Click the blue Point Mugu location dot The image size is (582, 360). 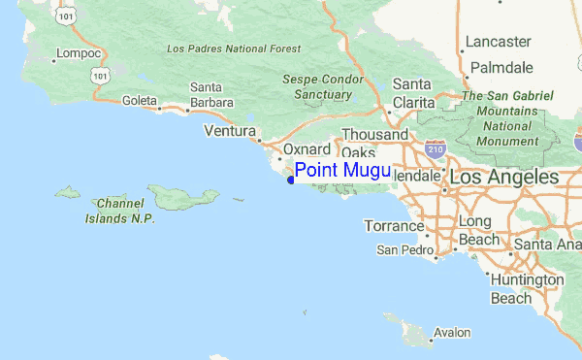[x=290, y=178]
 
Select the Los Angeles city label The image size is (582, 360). [x=502, y=178]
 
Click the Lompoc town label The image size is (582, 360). [x=79, y=53]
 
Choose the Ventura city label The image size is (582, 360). [x=229, y=131]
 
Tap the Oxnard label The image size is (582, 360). [x=307, y=150]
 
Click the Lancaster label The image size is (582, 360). [x=498, y=41]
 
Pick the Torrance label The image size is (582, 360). [x=394, y=226]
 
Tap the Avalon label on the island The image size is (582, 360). [x=451, y=332]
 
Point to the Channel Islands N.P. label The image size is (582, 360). [x=126, y=210]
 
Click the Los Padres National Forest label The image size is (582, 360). [x=233, y=49]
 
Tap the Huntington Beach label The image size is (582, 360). [x=527, y=288]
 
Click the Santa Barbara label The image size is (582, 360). [x=212, y=94]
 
